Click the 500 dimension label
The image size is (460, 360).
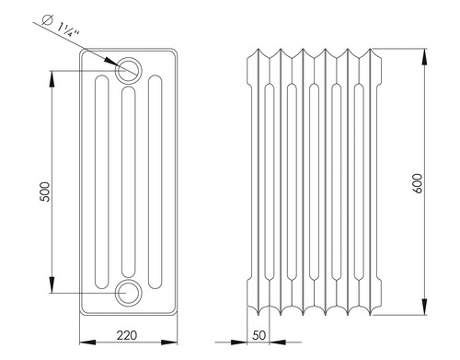point(45,192)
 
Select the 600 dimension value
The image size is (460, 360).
point(418,183)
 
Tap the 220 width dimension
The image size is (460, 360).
point(127,335)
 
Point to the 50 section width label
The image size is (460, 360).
point(259,335)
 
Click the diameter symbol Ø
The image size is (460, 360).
point(47,20)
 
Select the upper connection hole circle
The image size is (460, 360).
point(129,71)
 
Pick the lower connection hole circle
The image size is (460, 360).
point(129,293)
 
